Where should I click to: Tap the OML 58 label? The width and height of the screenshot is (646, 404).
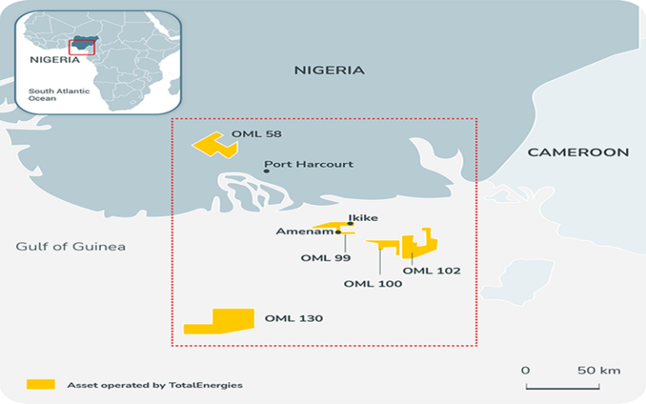coord(256,134)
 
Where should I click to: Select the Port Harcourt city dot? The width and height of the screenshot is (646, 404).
coord(267,171)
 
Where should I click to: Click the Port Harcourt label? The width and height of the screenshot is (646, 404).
coord(309,165)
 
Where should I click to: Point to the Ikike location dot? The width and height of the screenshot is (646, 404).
coord(350,224)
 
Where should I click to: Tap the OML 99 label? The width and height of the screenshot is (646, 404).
coord(326,258)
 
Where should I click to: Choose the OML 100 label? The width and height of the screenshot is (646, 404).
coord(373,284)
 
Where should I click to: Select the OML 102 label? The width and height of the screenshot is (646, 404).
coord(432,270)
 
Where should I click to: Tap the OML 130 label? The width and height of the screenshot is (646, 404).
coord(294,318)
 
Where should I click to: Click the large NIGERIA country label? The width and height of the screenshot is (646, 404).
coord(329,71)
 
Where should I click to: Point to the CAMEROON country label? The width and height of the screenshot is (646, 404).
coord(578,152)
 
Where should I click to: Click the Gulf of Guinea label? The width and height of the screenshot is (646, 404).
coord(71,246)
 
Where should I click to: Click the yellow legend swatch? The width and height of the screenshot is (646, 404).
coord(40,384)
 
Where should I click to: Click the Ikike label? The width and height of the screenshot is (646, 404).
coord(363,218)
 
